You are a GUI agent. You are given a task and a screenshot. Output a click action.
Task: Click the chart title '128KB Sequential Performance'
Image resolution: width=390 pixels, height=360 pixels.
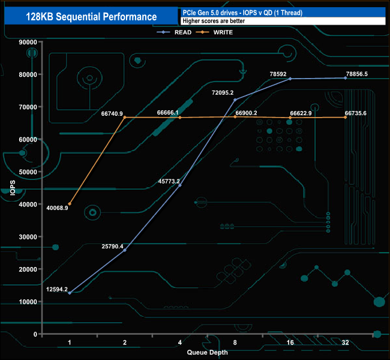(x=91, y=17)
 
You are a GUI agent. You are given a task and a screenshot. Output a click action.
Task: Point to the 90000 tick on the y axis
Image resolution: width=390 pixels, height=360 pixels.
(x=28, y=42)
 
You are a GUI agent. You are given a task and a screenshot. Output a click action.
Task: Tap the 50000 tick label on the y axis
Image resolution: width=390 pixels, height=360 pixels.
(x=28, y=172)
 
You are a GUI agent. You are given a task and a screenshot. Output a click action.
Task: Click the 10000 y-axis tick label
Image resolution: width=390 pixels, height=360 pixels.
(x=28, y=302)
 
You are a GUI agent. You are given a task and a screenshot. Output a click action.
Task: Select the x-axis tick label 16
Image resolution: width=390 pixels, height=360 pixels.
(x=290, y=343)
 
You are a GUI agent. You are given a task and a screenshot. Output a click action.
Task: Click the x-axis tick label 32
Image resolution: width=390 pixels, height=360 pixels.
(x=345, y=343)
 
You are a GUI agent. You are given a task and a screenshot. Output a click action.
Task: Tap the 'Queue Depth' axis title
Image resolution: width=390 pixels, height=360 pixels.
(x=207, y=352)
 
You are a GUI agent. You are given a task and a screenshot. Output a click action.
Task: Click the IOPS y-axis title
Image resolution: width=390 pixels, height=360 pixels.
(x=13, y=187)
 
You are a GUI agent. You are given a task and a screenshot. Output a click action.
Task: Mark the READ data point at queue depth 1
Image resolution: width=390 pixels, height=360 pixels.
(x=70, y=293)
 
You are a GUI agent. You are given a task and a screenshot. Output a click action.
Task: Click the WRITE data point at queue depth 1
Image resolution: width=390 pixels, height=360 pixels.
(x=70, y=204)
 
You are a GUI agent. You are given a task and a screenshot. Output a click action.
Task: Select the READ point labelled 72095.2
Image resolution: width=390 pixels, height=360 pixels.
(x=235, y=100)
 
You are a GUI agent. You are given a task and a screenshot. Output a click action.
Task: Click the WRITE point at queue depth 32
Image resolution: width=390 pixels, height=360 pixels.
(x=346, y=117)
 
